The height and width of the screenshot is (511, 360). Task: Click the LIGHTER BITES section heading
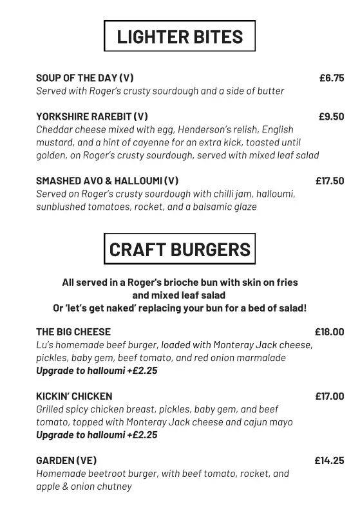pyautogui.click(x=180, y=36)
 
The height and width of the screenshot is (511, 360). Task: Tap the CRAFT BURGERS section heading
pyautogui.click(x=180, y=249)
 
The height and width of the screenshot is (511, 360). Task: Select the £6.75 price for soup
pyautogui.click(x=332, y=78)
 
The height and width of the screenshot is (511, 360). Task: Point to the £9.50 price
pyautogui.click(x=332, y=116)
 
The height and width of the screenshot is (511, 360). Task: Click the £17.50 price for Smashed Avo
pyautogui.click(x=330, y=181)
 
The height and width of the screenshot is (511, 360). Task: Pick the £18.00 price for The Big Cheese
pyautogui.click(x=329, y=332)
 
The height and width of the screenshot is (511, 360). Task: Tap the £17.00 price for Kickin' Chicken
pyautogui.click(x=329, y=396)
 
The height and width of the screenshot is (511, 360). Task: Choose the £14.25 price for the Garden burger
pyautogui.click(x=329, y=461)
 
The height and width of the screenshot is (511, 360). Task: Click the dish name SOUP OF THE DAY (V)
pyautogui.click(x=85, y=78)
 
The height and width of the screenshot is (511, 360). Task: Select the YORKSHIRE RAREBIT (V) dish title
pyautogui.click(x=92, y=116)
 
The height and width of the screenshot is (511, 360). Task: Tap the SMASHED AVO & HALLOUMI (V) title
pyautogui.click(x=108, y=181)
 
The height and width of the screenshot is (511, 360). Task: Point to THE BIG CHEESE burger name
pyautogui.click(x=73, y=332)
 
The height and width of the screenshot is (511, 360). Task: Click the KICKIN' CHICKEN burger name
pyautogui.click(x=74, y=396)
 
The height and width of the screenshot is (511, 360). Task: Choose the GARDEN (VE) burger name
pyautogui.click(x=66, y=461)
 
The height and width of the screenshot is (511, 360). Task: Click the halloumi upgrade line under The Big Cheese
pyautogui.click(x=97, y=371)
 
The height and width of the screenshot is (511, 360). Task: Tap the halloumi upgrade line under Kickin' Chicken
pyautogui.click(x=97, y=435)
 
